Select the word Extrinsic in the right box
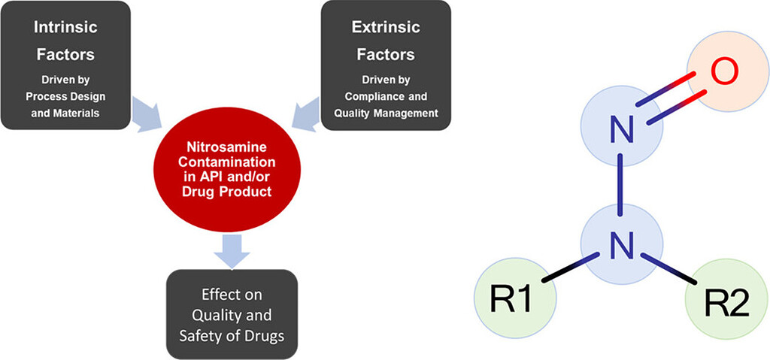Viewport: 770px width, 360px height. [383, 29]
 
